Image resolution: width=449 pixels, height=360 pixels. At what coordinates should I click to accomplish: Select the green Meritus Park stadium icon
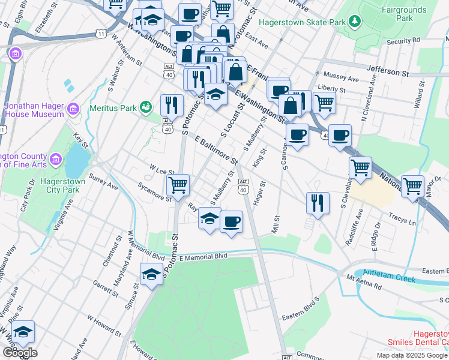click(x=145, y=107)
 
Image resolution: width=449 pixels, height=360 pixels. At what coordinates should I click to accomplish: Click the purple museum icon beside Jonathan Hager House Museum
click(x=73, y=109)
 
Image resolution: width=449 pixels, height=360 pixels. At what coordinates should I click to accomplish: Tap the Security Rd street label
click(x=403, y=41)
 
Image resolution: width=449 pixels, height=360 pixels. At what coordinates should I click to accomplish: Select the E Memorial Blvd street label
click(x=203, y=256)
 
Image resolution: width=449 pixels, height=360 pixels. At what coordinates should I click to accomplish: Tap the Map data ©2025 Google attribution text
click(x=412, y=355)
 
